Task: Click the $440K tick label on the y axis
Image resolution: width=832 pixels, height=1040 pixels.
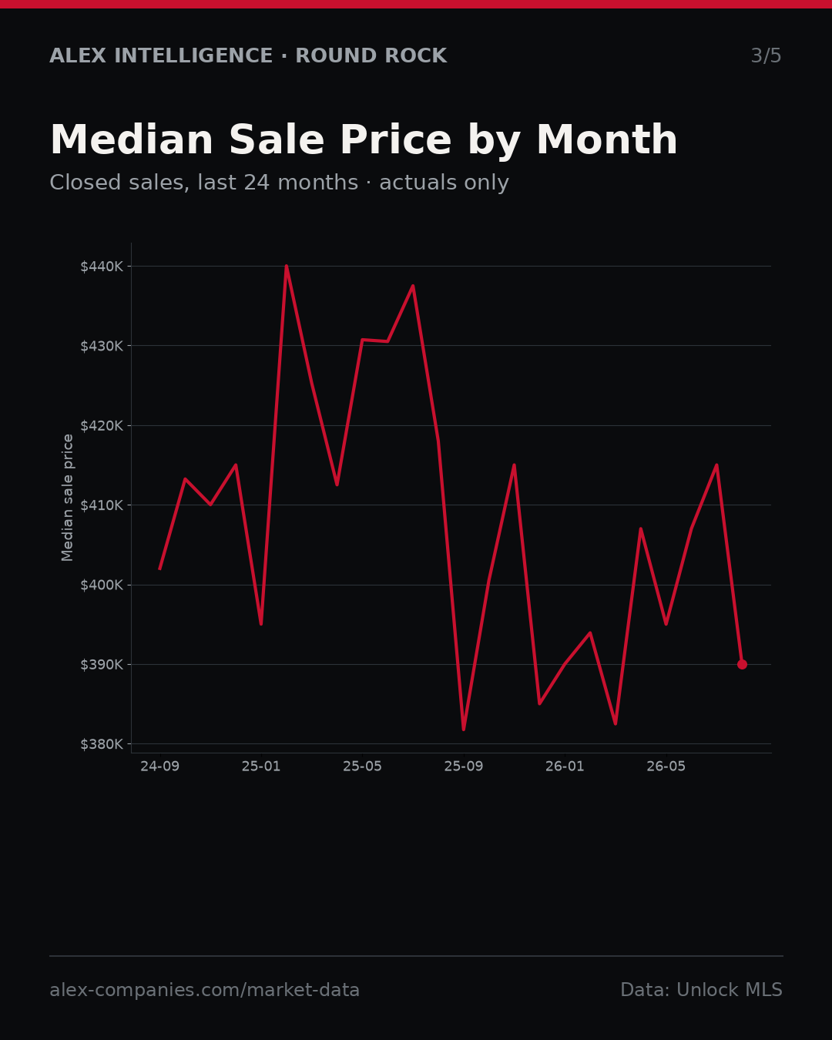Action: [x=102, y=267]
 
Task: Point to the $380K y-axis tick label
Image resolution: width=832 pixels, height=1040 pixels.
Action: [x=102, y=744]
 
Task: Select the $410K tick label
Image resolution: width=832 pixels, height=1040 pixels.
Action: [x=102, y=505]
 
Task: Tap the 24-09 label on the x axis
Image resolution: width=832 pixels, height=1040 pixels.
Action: [x=160, y=767]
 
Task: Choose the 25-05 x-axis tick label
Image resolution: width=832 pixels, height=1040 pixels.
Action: [x=363, y=767]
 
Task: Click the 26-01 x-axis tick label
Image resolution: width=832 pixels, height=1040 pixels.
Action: [x=565, y=767]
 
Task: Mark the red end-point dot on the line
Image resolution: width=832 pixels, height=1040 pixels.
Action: [x=742, y=665]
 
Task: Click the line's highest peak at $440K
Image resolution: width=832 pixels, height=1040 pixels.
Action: [x=287, y=267]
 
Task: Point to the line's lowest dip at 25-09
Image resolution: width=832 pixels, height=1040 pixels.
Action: [x=464, y=730]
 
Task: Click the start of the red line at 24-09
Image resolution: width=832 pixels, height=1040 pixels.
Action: [x=160, y=569]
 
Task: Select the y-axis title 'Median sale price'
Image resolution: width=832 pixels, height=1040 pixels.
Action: [x=68, y=498]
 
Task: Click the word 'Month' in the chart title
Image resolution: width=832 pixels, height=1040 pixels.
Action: [x=607, y=139]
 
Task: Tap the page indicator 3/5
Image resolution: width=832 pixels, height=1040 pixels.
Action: [x=767, y=55]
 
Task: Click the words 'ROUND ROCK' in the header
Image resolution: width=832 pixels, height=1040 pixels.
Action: [x=371, y=55]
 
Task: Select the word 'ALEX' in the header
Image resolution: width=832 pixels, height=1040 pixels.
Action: [x=78, y=55]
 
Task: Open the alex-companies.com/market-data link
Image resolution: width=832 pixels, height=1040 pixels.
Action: [x=204, y=990]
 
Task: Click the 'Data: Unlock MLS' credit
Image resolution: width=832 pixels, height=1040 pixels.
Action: [x=702, y=990]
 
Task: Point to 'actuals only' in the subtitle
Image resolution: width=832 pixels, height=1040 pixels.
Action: [x=444, y=183]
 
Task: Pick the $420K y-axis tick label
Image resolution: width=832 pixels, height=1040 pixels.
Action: [x=102, y=426]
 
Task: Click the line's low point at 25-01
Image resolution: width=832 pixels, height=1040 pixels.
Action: [x=261, y=625]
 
